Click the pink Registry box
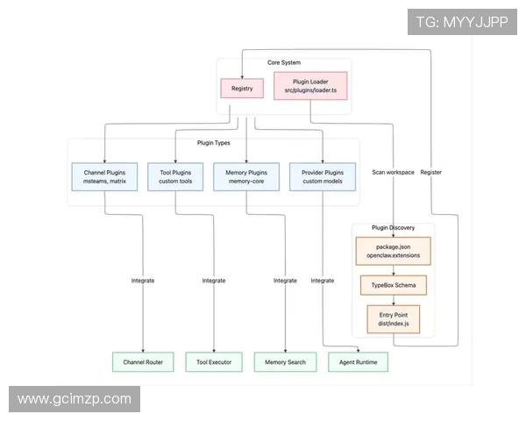(x=242, y=89)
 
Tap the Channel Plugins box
(x=104, y=177)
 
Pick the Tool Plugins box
(x=175, y=177)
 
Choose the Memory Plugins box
(x=246, y=177)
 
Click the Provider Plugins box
(x=323, y=177)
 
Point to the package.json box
(x=393, y=251)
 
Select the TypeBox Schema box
(x=393, y=286)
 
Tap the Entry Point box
(x=393, y=319)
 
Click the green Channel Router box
(x=143, y=361)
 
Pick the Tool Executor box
(x=214, y=361)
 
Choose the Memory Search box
(x=285, y=361)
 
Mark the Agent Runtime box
(x=358, y=361)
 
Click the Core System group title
(x=284, y=63)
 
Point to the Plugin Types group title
(x=214, y=143)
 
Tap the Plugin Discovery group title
(x=393, y=228)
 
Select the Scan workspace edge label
(x=393, y=172)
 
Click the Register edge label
(x=431, y=172)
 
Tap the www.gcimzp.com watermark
(x=74, y=399)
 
